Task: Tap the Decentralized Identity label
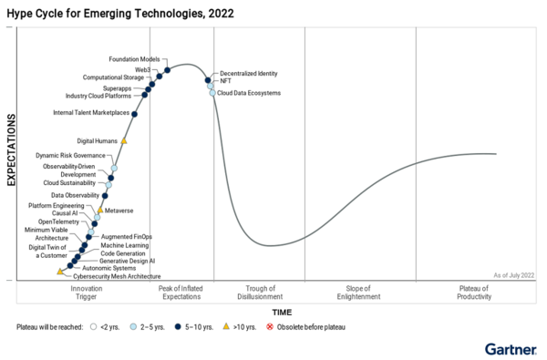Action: (248, 73)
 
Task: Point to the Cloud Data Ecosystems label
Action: (249, 93)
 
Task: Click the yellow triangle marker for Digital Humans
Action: (124, 141)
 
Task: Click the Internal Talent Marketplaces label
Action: (90, 113)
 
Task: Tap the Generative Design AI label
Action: (127, 261)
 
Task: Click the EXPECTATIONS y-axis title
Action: (12, 150)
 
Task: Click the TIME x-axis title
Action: (275, 311)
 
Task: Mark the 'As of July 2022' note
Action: (513, 274)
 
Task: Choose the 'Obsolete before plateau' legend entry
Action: (310, 326)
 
